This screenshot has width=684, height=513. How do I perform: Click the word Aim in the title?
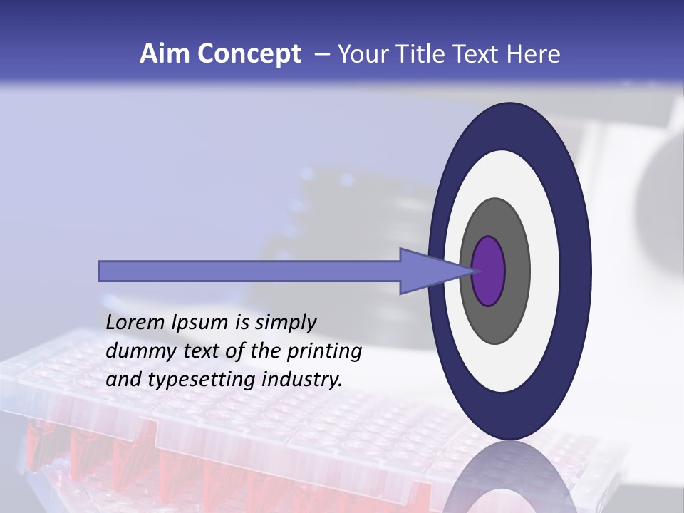click(x=165, y=54)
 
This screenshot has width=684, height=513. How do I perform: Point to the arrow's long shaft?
click(x=249, y=271)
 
